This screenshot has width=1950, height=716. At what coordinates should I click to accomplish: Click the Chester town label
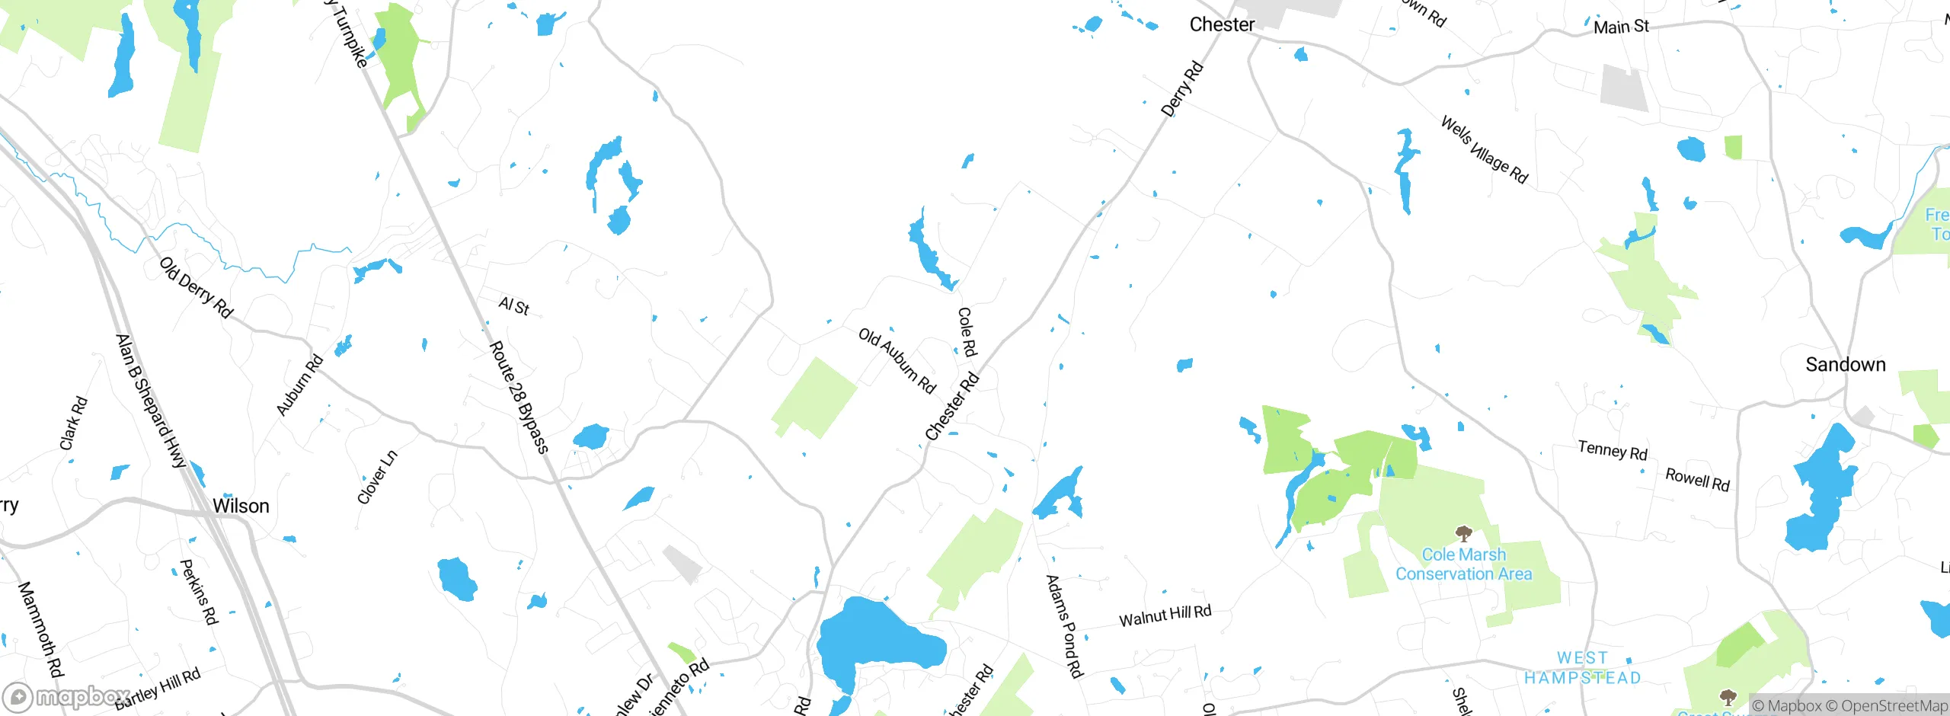tap(1222, 25)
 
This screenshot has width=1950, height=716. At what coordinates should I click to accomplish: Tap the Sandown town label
tap(1845, 365)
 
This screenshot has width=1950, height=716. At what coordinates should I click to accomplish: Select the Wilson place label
tap(241, 507)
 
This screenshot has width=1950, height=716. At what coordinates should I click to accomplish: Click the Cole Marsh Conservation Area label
tap(1463, 564)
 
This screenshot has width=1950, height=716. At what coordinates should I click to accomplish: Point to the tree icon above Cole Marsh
tap(1462, 532)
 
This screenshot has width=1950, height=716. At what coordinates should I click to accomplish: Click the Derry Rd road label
tap(1181, 89)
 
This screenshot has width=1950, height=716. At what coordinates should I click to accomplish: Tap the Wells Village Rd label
tap(1484, 150)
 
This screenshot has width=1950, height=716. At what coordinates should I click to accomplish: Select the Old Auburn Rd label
tap(897, 360)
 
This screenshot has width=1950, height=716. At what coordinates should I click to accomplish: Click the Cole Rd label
tap(966, 332)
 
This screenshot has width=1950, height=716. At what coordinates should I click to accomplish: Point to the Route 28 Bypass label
tap(518, 397)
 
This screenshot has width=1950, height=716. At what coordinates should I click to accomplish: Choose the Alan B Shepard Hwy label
tap(151, 401)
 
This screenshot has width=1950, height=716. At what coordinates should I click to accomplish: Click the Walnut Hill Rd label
tap(1165, 615)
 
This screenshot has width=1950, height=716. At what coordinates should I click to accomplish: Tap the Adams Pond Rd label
tap(1065, 626)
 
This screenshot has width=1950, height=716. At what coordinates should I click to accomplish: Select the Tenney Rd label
tap(1612, 451)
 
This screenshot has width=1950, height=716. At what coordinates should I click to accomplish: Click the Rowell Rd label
tap(1697, 480)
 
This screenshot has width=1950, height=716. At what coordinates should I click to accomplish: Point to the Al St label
tap(513, 306)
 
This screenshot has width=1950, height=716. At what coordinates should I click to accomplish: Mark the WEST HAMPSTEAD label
tap(1582, 668)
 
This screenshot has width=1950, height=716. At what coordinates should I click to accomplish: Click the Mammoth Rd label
tap(40, 629)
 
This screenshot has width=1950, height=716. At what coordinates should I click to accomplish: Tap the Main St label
tap(1621, 27)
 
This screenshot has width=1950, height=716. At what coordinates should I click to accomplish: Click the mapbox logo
tap(66, 697)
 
